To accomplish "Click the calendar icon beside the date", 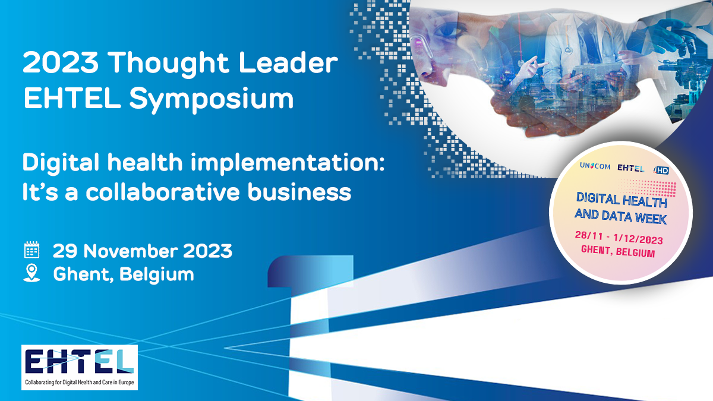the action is point(32,250).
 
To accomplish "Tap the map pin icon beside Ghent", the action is point(32,273).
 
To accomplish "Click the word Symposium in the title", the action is point(211,100).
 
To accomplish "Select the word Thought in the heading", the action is point(168,64).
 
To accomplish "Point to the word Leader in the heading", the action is point(288,63).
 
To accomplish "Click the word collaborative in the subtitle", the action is point(162,192).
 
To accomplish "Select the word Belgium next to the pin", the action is point(157,274).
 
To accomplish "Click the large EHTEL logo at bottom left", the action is point(79,362).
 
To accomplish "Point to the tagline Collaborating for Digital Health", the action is point(80,382).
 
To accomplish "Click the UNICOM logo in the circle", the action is point(595,166).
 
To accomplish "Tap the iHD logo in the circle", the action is point(661,170).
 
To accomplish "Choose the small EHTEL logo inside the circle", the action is point(630,168).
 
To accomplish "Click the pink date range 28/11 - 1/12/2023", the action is point(619,238).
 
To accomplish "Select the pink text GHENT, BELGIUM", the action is point(618,251).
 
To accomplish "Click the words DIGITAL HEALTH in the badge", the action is point(621,200).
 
